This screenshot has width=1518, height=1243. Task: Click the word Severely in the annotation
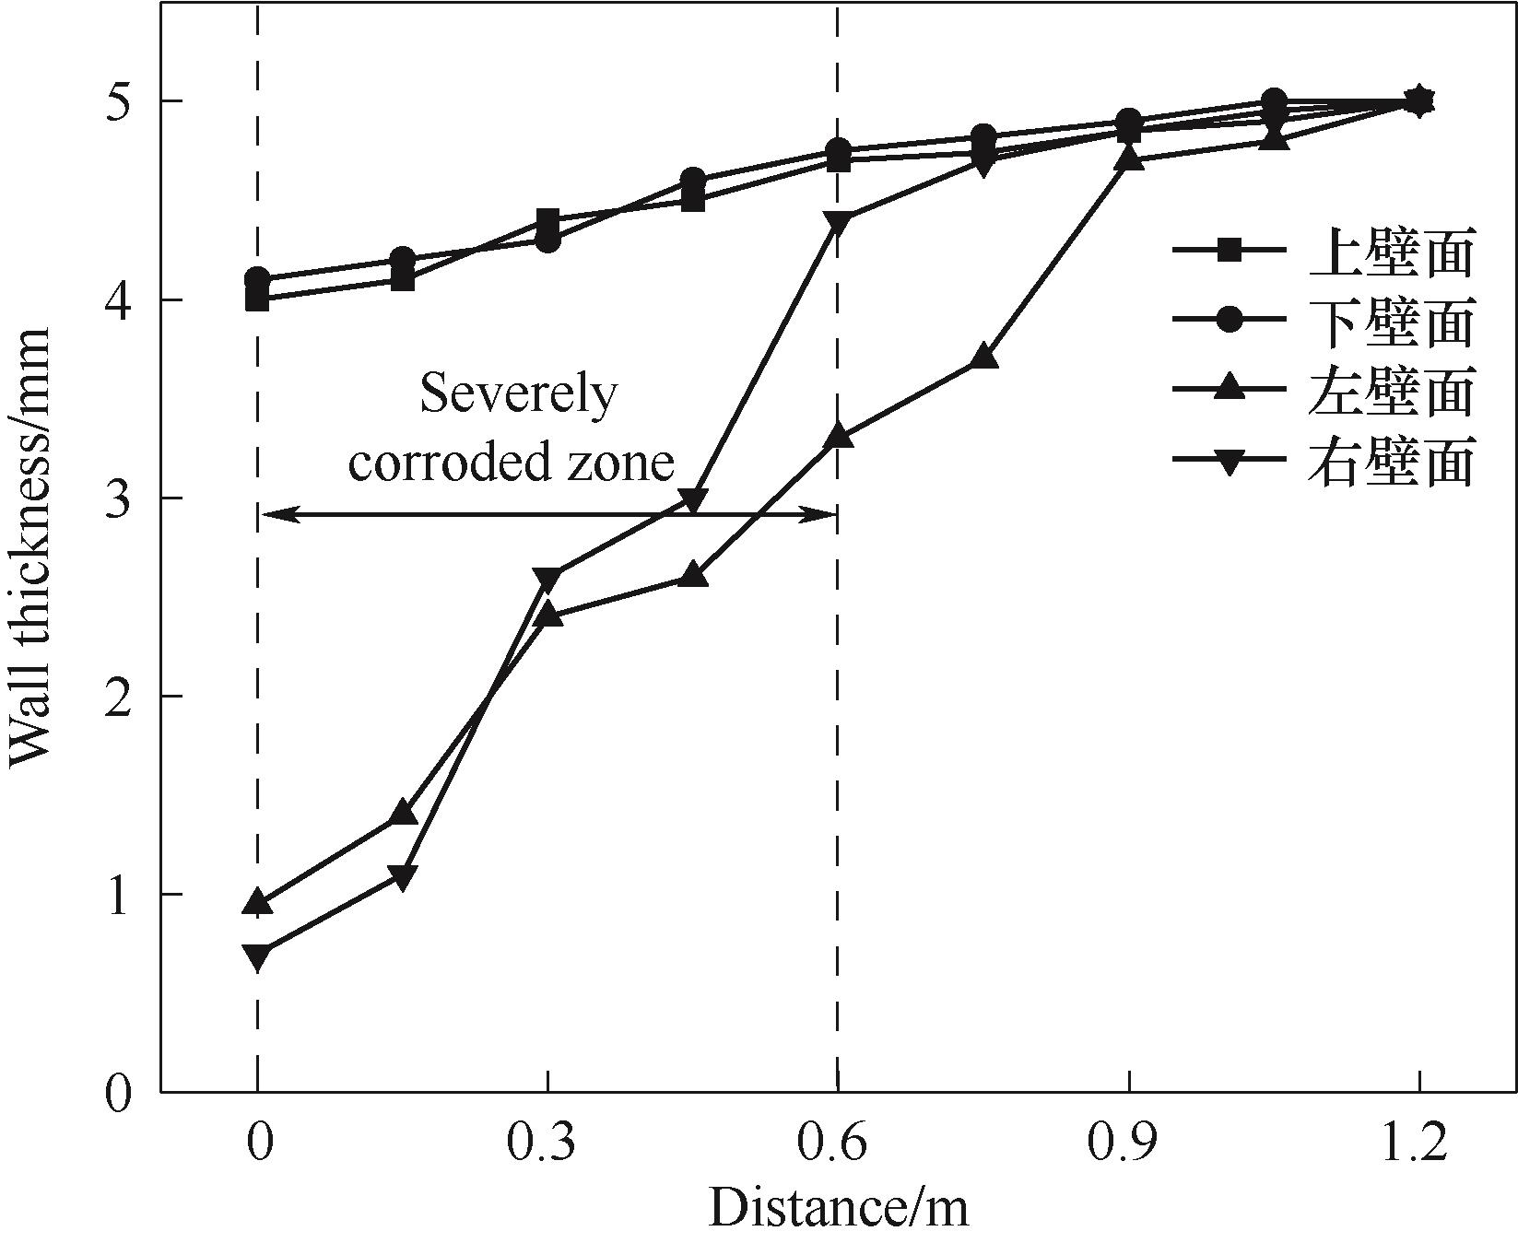(518, 394)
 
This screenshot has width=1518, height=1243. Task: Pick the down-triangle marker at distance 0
(258, 956)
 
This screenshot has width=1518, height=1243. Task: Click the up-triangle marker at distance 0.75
(983, 358)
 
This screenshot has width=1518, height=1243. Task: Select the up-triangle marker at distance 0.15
(403, 813)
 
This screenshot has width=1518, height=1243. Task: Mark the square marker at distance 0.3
(547, 220)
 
